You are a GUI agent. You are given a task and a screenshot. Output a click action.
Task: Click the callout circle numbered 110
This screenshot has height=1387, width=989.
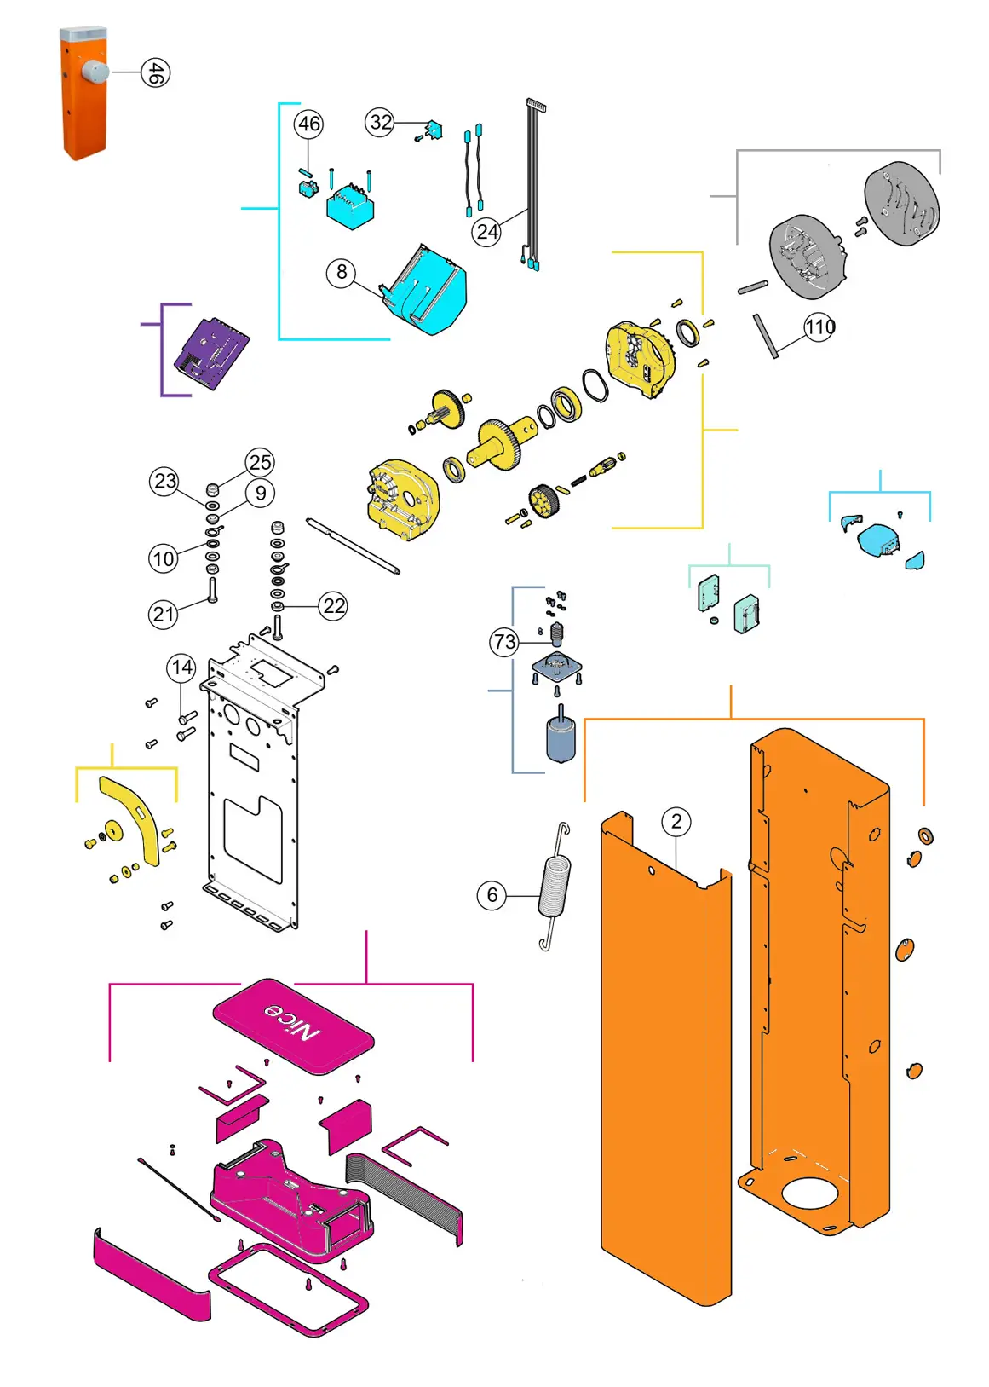(819, 327)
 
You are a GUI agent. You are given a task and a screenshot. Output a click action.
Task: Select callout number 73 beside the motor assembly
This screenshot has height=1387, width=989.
(504, 641)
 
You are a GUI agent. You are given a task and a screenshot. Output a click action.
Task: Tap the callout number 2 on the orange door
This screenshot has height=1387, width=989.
(676, 822)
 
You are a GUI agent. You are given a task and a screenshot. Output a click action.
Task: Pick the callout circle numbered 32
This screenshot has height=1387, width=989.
(380, 122)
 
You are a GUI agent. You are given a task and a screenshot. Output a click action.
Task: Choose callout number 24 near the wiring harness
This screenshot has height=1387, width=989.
(486, 231)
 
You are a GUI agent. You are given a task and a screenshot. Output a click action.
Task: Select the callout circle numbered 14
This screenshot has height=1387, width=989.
(181, 667)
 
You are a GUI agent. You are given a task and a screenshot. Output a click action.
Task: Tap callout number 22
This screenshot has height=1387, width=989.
(334, 606)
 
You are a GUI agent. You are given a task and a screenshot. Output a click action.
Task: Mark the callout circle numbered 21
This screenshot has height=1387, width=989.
(164, 614)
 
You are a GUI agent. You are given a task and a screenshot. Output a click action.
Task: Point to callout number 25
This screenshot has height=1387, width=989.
(260, 462)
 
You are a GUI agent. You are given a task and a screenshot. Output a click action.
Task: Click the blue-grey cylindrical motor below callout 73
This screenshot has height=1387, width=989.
(560, 738)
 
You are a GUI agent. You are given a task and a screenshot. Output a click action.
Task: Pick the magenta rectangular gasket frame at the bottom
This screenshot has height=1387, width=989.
(288, 1290)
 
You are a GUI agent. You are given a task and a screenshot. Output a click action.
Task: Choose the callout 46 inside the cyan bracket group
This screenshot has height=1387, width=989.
(308, 124)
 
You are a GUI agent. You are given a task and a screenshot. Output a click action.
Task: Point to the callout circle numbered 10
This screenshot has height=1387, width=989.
(164, 558)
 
